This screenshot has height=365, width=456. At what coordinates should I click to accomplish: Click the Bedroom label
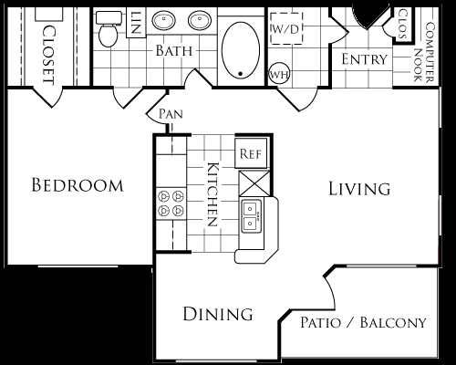[78, 185]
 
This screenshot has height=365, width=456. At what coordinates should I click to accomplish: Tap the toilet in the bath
[109, 29]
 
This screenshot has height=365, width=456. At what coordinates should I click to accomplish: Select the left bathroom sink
[164, 21]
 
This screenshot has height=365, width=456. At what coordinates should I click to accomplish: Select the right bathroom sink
[200, 21]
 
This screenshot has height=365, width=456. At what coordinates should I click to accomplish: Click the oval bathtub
[241, 50]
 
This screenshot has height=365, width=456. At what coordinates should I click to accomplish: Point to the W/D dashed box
[286, 28]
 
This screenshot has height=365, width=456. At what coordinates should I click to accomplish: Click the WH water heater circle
[279, 74]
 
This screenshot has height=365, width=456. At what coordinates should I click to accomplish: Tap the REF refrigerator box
[251, 153]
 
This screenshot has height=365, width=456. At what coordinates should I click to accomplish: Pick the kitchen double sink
[252, 216]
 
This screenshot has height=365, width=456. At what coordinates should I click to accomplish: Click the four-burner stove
[171, 203]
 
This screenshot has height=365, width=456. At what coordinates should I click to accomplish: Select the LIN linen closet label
[136, 23]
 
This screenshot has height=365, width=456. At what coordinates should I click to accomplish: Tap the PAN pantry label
[171, 114]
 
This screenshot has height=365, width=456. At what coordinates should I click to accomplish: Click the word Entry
[365, 59]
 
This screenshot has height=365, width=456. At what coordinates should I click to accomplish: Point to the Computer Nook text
[424, 52]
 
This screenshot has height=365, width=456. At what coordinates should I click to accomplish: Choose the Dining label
[218, 314]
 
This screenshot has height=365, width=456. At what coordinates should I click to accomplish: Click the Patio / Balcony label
[364, 322]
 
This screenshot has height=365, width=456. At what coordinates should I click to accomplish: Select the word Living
[359, 189]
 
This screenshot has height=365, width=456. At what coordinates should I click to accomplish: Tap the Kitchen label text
[212, 194]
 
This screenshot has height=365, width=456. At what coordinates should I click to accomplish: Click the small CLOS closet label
[403, 24]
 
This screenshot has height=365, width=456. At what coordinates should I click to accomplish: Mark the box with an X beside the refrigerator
[254, 183]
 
